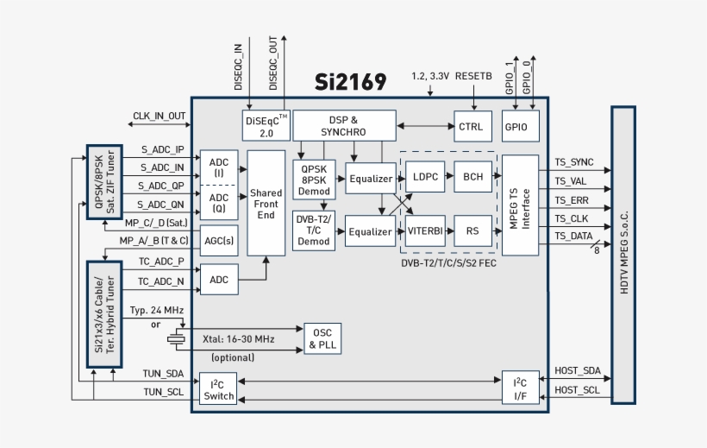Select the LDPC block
[424, 176]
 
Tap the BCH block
[472, 176]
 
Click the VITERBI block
[425, 230]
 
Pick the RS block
[472, 230]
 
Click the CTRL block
[472, 126]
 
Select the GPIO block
[521, 126]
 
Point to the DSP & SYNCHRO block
[343, 126]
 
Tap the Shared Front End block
[266, 203]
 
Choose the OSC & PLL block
[324, 340]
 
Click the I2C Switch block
[218, 389]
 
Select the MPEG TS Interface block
[520, 205]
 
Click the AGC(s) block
[218, 241]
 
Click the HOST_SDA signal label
[577, 370]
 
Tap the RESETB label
[473, 76]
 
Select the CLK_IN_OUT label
[159, 116]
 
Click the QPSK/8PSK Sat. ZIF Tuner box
[105, 182]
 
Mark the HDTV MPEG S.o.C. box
[623, 255]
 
